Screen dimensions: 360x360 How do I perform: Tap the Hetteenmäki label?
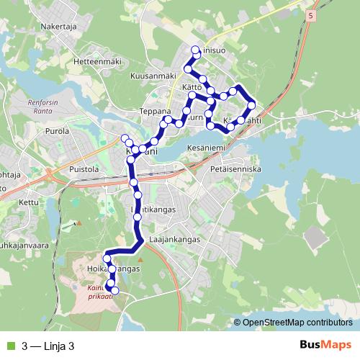pos(92,63)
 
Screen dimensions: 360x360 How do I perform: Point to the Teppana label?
pos(155,112)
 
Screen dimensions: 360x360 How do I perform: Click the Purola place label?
pos(57,132)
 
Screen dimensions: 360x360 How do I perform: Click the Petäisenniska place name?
pos(236,169)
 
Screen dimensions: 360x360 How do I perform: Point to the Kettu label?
pos(29,203)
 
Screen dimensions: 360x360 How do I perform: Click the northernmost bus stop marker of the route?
pos(195,50)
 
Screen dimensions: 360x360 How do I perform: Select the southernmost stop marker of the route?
pos(114,291)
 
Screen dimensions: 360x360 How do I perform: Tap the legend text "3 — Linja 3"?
pos(48,346)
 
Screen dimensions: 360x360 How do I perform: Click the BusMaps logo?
pos(324,346)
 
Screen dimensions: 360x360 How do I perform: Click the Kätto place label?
pos(192,88)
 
